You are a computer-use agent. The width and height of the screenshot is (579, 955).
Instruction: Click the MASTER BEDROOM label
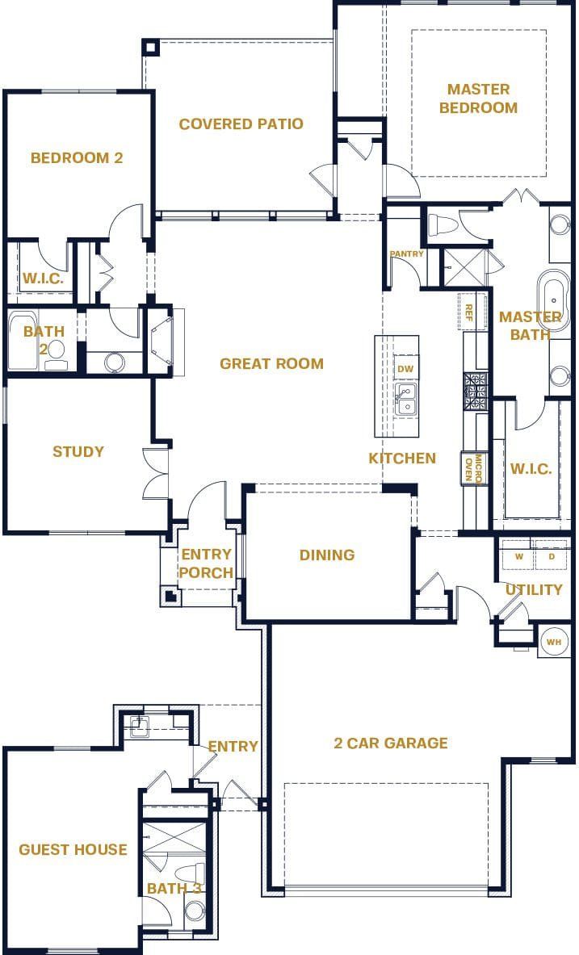482,98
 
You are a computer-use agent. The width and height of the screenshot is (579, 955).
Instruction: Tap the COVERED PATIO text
241,124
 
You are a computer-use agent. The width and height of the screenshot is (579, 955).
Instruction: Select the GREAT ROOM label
271,364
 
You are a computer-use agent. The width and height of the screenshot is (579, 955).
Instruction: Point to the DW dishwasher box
405,369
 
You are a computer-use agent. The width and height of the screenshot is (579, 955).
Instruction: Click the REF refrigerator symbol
468,312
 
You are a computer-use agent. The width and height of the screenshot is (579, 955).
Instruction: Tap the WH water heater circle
553,642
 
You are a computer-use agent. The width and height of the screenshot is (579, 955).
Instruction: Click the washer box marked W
517,556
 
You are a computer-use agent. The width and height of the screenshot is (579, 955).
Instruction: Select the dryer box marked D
552,556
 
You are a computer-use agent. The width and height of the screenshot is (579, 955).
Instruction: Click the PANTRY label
406,254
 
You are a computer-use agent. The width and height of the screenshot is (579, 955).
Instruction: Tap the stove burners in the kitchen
475,392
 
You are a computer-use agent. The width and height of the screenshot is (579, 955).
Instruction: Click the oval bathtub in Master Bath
554,296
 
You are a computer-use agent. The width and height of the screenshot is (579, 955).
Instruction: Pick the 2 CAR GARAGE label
390,743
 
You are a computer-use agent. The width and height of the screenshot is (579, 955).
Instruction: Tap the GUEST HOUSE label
73,849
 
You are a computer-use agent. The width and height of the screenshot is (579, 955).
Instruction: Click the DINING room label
327,555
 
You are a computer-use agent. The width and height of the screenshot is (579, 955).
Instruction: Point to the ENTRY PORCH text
205,563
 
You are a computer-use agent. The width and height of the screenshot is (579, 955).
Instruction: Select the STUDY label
78,451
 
